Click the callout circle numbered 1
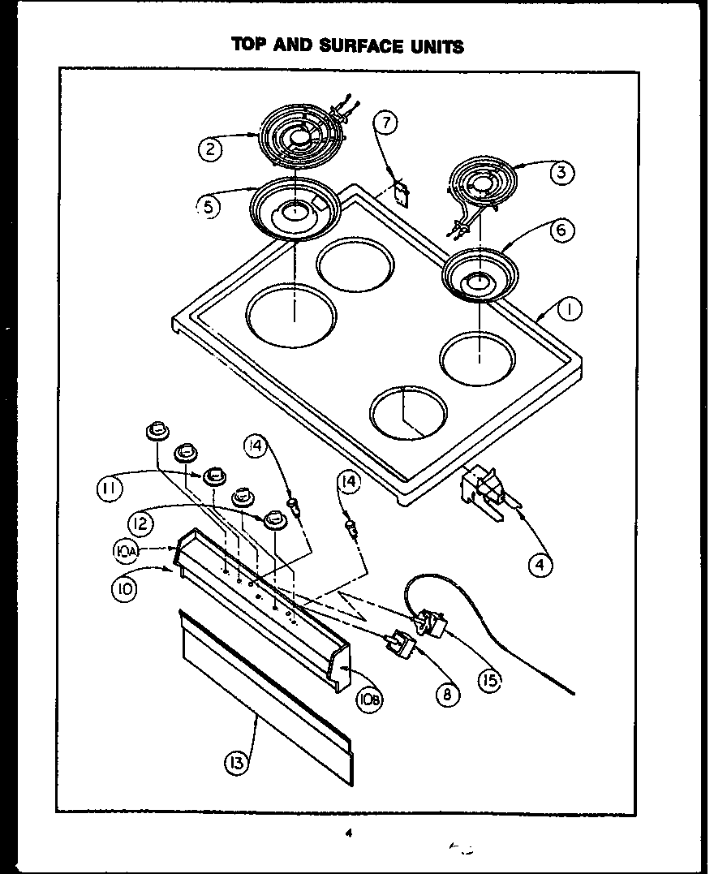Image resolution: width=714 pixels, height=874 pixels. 570,309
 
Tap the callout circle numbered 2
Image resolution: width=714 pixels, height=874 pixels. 211,149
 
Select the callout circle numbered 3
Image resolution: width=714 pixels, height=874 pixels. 560,172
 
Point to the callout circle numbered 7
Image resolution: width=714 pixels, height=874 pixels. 386,123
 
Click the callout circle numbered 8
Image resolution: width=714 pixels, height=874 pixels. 446,694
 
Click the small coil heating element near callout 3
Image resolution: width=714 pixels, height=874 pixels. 479,184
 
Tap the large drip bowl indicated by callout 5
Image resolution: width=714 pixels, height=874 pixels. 294,209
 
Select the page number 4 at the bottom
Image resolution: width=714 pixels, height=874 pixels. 346,833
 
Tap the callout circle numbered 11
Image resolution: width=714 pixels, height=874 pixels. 110,489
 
